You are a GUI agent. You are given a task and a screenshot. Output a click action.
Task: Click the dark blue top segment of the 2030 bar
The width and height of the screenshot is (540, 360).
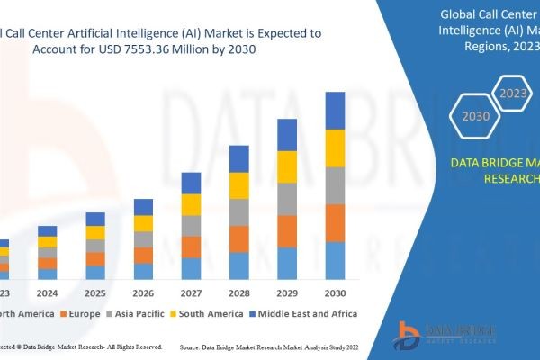(x=335, y=110)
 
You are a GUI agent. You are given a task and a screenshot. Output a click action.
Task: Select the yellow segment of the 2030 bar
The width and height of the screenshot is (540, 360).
(x=335, y=148)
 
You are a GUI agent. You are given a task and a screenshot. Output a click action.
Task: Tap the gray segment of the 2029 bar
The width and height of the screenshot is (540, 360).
(x=287, y=199)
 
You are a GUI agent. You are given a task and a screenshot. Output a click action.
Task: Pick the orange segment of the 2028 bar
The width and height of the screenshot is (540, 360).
(x=238, y=238)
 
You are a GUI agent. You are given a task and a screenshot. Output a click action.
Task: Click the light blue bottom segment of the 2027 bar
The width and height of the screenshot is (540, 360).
(x=191, y=268)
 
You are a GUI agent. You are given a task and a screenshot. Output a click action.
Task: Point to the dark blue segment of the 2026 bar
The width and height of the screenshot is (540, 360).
(x=143, y=207)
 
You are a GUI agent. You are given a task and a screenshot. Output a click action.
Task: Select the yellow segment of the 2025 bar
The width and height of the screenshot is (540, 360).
(x=95, y=232)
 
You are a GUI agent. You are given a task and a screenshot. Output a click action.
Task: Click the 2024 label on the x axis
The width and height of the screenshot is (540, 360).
(x=47, y=293)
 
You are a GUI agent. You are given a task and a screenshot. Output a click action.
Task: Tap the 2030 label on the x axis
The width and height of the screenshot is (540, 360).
(x=335, y=293)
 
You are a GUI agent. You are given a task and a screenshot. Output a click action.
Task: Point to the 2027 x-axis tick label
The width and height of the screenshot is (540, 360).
(x=191, y=293)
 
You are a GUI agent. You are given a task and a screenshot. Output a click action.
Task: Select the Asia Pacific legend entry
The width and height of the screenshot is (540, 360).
(x=136, y=313)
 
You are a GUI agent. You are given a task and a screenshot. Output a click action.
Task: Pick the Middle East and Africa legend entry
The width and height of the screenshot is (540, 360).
(x=307, y=313)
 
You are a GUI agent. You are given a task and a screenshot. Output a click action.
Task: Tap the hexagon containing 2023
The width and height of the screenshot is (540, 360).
(x=514, y=94)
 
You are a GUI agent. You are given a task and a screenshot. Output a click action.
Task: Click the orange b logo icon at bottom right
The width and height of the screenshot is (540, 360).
(x=409, y=333)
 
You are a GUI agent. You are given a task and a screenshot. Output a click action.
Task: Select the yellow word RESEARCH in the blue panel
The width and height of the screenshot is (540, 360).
(x=512, y=178)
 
